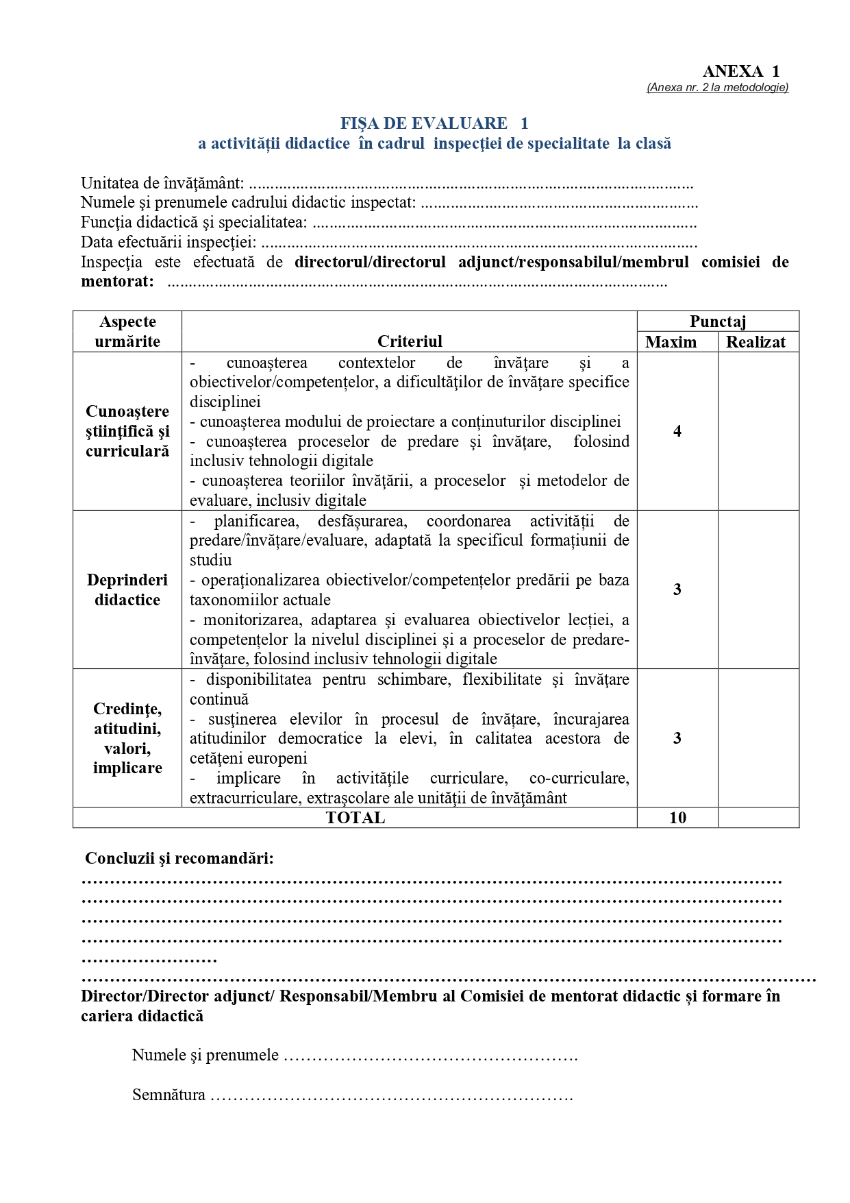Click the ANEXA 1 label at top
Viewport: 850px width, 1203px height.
pos(740,71)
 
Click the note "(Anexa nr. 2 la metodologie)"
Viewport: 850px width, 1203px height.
pos(717,87)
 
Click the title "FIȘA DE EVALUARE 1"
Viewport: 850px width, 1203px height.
pos(434,123)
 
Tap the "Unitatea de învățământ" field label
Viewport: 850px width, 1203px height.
pos(162,183)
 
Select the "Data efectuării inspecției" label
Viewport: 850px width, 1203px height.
pos(168,242)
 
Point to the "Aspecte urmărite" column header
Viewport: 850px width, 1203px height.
pos(127,331)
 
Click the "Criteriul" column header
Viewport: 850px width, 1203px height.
pos(410,341)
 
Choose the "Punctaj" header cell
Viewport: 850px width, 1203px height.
pos(717,321)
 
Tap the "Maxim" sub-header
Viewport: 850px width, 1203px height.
pos(671,342)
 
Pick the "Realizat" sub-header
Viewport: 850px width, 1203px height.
pos(755,342)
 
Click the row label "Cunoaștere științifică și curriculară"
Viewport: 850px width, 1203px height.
pos(127,431)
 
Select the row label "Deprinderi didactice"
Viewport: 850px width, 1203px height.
pos(127,590)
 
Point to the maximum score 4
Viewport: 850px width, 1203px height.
pos(677,431)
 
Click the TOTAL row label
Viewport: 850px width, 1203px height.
pos(355,818)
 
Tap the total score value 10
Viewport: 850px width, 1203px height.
pos(677,818)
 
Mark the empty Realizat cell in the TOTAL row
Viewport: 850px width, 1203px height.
pos(758,818)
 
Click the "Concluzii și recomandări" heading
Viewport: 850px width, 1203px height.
pos(179,858)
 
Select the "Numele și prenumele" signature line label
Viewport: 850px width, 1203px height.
pos(205,1055)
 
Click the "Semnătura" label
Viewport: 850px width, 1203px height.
pos(168,1095)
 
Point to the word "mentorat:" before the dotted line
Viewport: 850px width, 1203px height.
pos(117,282)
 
